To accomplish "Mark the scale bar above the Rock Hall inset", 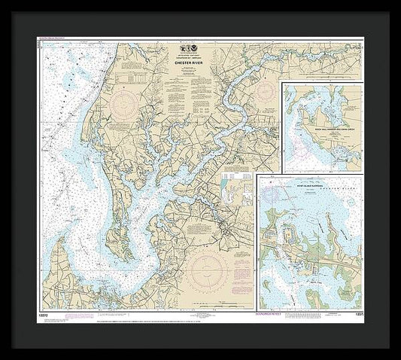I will tap(322, 78).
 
